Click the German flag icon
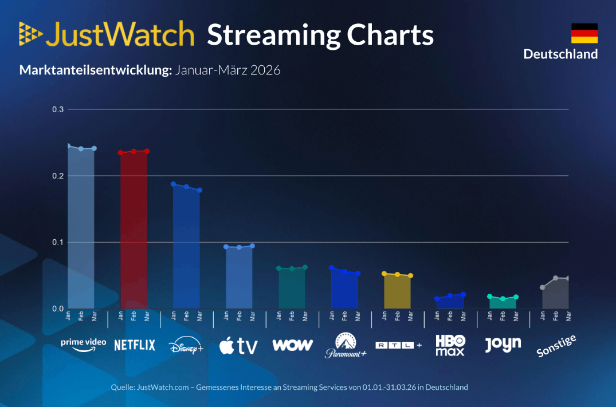click(x=584, y=33)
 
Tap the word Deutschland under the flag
click(x=560, y=54)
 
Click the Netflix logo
click(x=135, y=345)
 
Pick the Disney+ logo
click(x=186, y=346)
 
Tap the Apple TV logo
click(x=238, y=345)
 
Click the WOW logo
click(x=292, y=345)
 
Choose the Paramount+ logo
click(x=345, y=345)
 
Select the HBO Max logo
click(x=450, y=345)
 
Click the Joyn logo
click(x=503, y=344)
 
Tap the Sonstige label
click(x=556, y=346)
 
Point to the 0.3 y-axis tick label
click(x=57, y=109)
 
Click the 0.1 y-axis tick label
click(x=57, y=242)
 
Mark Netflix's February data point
click(x=134, y=151)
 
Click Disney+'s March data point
click(x=200, y=190)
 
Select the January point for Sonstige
click(x=543, y=287)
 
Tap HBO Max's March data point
click(x=464, y=294)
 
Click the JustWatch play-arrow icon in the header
click(x=30, y=34)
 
